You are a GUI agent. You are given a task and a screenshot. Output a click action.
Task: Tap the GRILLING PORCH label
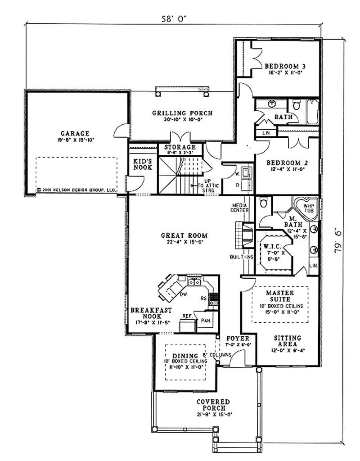click(x=182, y=113)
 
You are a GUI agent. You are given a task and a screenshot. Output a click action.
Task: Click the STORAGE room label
click(x=180, y=147)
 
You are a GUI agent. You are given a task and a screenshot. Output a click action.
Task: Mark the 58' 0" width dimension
click(x=174, y=19)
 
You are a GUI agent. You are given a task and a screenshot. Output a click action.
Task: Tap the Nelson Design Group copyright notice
click(x=77, y=190)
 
